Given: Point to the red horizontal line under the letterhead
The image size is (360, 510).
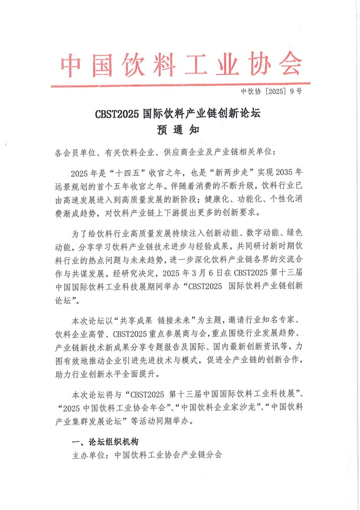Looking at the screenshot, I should (180, 84).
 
